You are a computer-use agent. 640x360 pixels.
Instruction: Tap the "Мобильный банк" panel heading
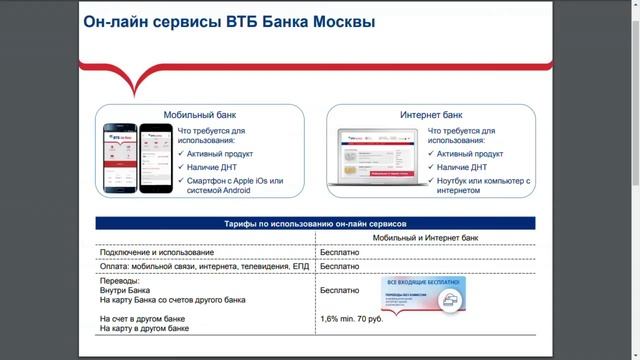(205, 115)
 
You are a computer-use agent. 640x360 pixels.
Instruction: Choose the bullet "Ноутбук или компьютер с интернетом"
(484, 186)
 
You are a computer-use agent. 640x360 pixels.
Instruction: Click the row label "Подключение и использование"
(157, 254)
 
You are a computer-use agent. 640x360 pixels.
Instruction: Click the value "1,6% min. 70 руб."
(352, 318)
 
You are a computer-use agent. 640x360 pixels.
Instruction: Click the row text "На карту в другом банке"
(145, 328)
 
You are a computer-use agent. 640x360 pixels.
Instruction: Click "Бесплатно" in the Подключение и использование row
(339, 254)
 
